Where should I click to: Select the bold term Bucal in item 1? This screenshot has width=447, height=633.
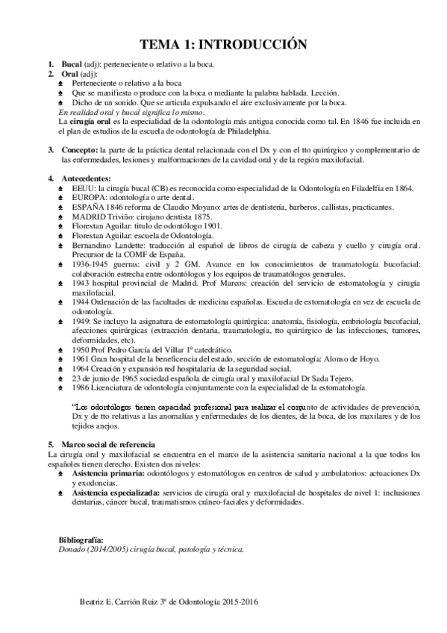click(72, 66)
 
